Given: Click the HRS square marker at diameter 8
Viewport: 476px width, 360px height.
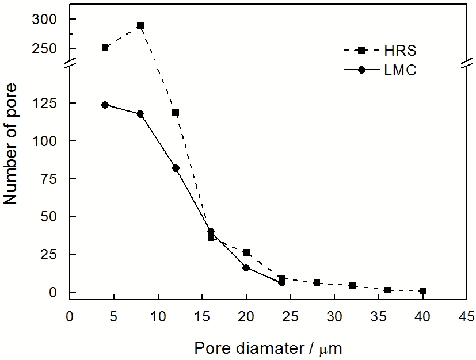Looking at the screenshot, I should [140, 25].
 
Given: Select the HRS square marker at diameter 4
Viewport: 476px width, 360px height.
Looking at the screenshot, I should [105, 47].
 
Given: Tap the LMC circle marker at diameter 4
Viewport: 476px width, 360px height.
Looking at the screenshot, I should [105, 105].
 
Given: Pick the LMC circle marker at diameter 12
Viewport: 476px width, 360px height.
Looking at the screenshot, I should [176, 168].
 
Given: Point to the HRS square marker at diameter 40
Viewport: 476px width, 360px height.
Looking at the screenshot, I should [422, 291].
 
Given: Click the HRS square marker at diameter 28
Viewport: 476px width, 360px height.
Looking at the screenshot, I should [317, 283].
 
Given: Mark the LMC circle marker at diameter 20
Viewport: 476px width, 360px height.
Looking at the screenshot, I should [246, 267].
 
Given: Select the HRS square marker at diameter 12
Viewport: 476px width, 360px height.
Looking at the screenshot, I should [176, 113].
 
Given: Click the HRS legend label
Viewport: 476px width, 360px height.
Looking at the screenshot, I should [402, 51].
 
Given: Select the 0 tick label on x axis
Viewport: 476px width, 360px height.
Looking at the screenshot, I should [70, 316].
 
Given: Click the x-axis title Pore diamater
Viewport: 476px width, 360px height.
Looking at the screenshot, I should [269, 347].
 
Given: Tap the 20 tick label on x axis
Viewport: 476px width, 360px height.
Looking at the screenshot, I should [246, 316].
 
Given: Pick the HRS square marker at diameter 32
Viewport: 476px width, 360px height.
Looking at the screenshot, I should [352, 286].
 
